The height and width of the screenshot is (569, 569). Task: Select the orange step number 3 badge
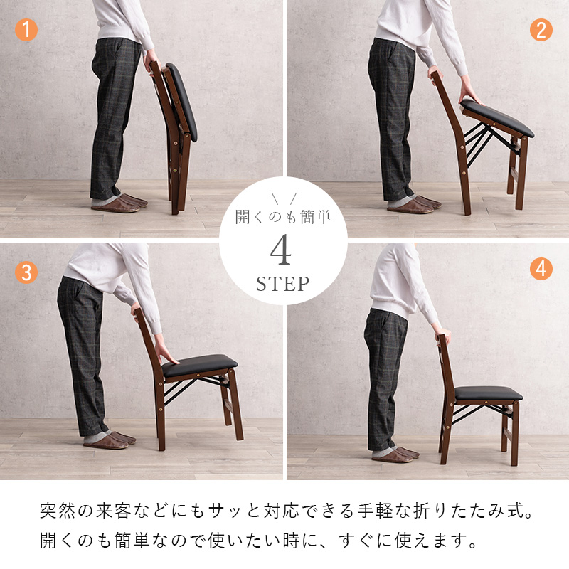(26, 272)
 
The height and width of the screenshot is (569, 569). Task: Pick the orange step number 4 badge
(541, 269)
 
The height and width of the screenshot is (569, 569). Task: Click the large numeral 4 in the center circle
(283, 251)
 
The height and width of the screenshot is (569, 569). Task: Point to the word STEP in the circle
(283, 284)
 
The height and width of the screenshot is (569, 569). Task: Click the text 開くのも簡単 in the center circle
(283, 218)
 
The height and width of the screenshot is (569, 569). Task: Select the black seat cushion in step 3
(199, 367)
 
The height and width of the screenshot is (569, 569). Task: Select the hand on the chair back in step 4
(442, 334)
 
